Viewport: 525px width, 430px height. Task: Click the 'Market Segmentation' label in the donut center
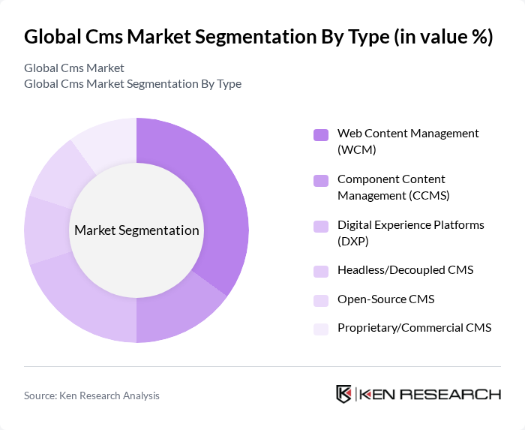136,230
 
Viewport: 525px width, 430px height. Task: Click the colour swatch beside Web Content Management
321,135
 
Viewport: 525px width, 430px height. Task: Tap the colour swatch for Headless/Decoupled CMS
321,271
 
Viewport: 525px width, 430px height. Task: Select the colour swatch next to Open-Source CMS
321,300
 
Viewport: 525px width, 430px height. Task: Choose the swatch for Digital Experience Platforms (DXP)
321,227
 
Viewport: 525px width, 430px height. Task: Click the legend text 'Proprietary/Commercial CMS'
414,328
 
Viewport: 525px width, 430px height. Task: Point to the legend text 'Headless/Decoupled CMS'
405,270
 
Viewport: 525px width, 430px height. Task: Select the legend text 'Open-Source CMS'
385,299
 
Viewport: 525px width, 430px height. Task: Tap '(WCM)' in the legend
357,150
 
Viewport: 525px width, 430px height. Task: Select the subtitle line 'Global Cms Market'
74,68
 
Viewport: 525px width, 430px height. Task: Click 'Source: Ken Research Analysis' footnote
91,395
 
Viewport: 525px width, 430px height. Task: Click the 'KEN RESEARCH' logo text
430,395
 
